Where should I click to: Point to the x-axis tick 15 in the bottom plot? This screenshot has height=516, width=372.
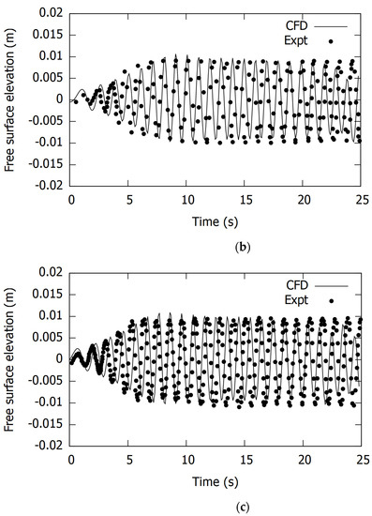[246, 459]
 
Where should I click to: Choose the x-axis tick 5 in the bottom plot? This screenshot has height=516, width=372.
[129, 459]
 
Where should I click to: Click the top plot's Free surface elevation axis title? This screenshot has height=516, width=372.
[10, 99]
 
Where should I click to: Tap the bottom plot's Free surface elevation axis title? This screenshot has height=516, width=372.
[10, 357]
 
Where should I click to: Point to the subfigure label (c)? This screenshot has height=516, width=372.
[217, 507]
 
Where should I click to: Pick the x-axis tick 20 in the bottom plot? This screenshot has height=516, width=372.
[303, 459]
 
